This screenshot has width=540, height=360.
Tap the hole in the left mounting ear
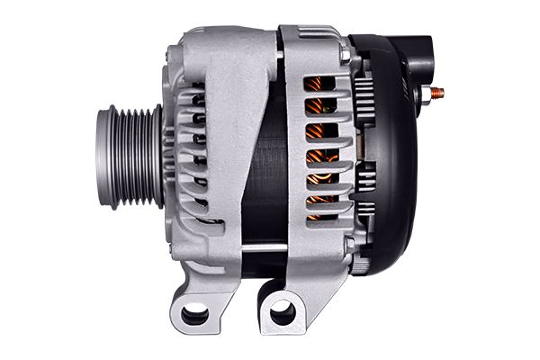[x=193, y=313]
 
